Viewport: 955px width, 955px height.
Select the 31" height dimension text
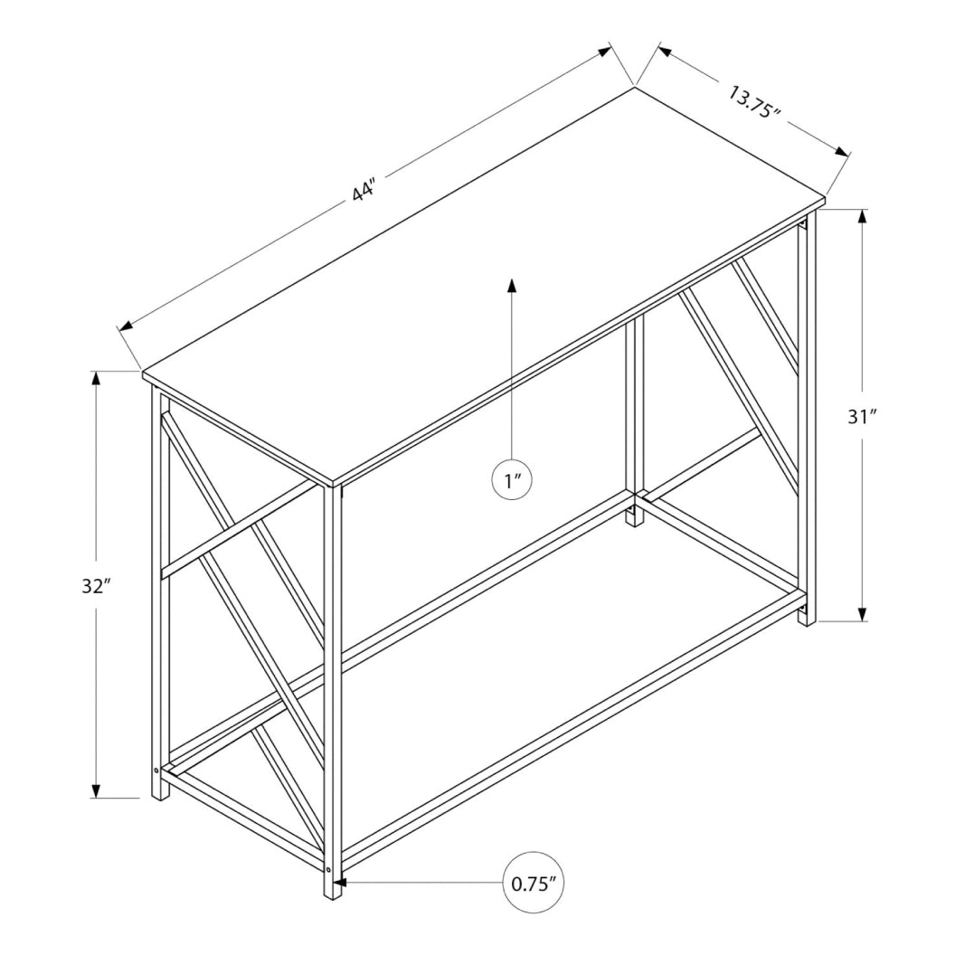click(x=863, y=417)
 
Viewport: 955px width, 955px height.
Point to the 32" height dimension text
click(x=94, y=585)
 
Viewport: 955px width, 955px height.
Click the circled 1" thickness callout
click(x=512, y=479)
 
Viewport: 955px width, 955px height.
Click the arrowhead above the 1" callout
click(x=512, y=285)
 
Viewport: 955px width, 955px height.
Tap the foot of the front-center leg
click(x=332, y=890)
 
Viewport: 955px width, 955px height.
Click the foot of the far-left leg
click(x=160, y=791)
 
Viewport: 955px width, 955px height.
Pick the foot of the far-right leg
click(x=806, y=619)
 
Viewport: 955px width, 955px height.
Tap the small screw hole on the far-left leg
click(x=157, y=771)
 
